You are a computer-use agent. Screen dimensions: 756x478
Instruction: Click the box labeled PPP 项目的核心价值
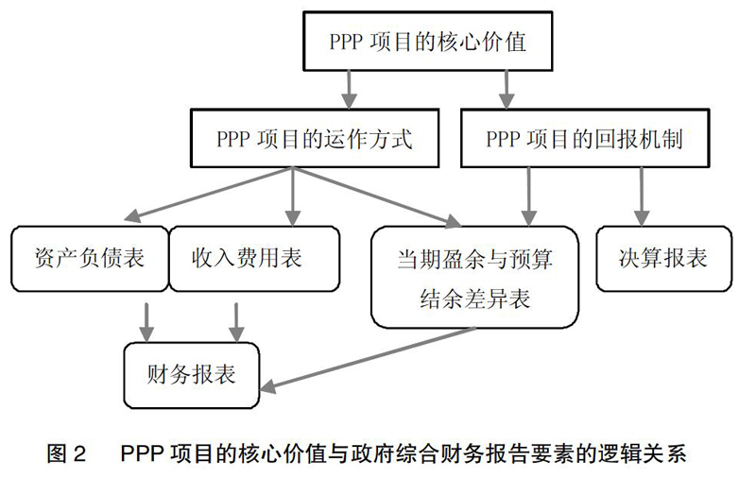click(428, 42)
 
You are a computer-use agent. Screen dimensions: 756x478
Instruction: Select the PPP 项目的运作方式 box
click(315, 138)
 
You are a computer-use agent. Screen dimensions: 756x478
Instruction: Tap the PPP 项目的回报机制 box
click(585, 138)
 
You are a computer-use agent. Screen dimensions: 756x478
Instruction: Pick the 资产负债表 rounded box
click(90, 259)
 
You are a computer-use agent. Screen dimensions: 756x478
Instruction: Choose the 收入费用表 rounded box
click(254, 259)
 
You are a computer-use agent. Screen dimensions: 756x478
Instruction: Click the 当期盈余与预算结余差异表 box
click(475, 277)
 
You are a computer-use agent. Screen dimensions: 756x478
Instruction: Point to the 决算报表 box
click(664, 259)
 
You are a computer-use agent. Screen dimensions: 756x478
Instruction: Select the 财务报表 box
click(192, 375)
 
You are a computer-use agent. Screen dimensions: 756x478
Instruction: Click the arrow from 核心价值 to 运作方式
click(349, 90)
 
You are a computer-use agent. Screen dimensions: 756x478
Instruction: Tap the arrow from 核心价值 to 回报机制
click(506, 90)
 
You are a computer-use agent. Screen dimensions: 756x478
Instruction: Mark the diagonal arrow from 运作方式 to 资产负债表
click(208, 195)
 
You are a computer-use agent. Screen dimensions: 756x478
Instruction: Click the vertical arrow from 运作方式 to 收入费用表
click(293, 196)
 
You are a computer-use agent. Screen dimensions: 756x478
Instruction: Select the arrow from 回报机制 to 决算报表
click(642, 196)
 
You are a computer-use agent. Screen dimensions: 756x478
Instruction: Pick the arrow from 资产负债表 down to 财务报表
click(146, 322)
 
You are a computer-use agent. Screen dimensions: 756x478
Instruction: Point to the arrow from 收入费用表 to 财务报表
click(235, 322)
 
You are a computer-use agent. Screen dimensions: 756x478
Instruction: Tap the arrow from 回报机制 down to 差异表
click(529, 196)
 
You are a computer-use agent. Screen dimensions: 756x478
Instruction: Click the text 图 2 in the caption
click(66, 453)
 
